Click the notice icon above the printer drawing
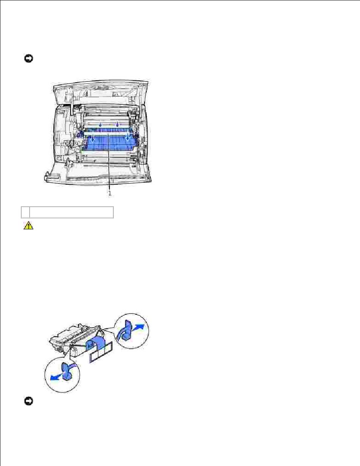click(x=28, y=58)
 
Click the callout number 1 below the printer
click(x=110, y=193)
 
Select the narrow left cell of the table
click(x=25, y=212)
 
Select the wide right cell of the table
click(x=71, y=212)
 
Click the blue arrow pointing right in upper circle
click(x=138, y=328)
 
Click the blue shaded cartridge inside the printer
click(x=110, y=140)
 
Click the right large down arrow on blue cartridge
click(x=127, y=137)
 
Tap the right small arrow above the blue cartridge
click(x=117, y=125)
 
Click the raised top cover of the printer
click(x=101, y=92)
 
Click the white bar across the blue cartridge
click(x=107, y=133)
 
